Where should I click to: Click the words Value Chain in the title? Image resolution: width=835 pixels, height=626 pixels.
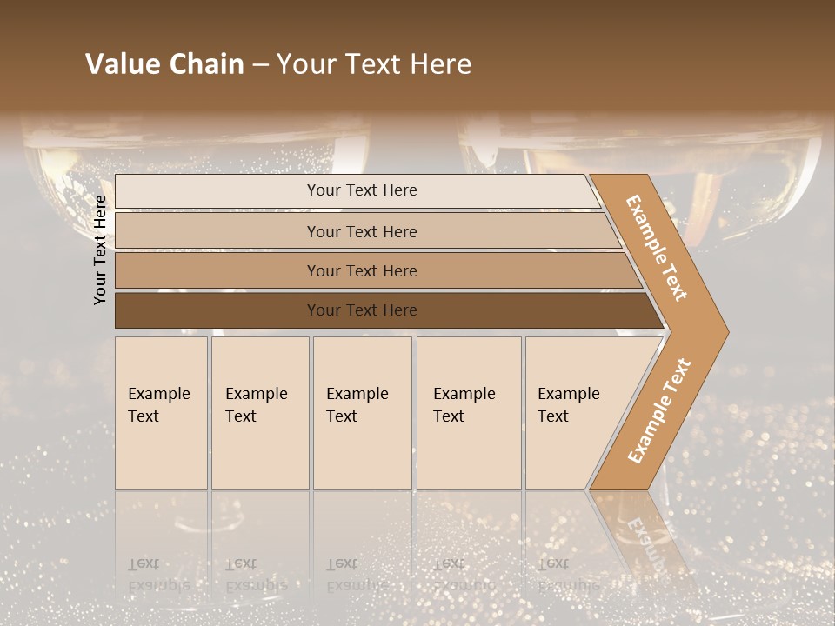[x=164, y=64]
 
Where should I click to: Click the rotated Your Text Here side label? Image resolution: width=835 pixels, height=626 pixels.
[x=100, y=250]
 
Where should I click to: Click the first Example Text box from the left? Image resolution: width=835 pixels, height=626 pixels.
[x=161, y=413]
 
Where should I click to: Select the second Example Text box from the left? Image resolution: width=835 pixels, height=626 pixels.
[x=260, y=413]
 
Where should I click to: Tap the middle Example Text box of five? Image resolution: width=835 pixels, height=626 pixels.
[x=362, y=413]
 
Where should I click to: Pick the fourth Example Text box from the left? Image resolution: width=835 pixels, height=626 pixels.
[x=469, y=413]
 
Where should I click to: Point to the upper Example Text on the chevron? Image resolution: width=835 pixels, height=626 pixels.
[x=657, y=248]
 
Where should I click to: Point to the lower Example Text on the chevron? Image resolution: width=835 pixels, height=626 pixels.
[x=659, y=410]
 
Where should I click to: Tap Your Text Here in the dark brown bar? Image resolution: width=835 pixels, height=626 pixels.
[x=362, y=310]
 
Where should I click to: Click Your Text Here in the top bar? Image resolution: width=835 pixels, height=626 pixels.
[x=362, y=190]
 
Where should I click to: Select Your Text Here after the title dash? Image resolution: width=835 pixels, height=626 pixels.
[x=374, y=64]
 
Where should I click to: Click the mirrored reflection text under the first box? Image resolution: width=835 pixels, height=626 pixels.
[x=157, y=575]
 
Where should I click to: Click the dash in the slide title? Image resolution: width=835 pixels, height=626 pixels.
[x=260, y=65]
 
